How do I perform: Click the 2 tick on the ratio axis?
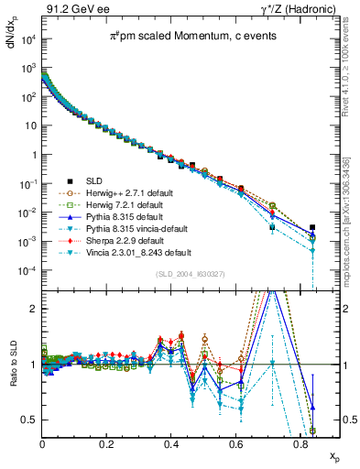(34, 309)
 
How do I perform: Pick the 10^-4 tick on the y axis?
(27, 271)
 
